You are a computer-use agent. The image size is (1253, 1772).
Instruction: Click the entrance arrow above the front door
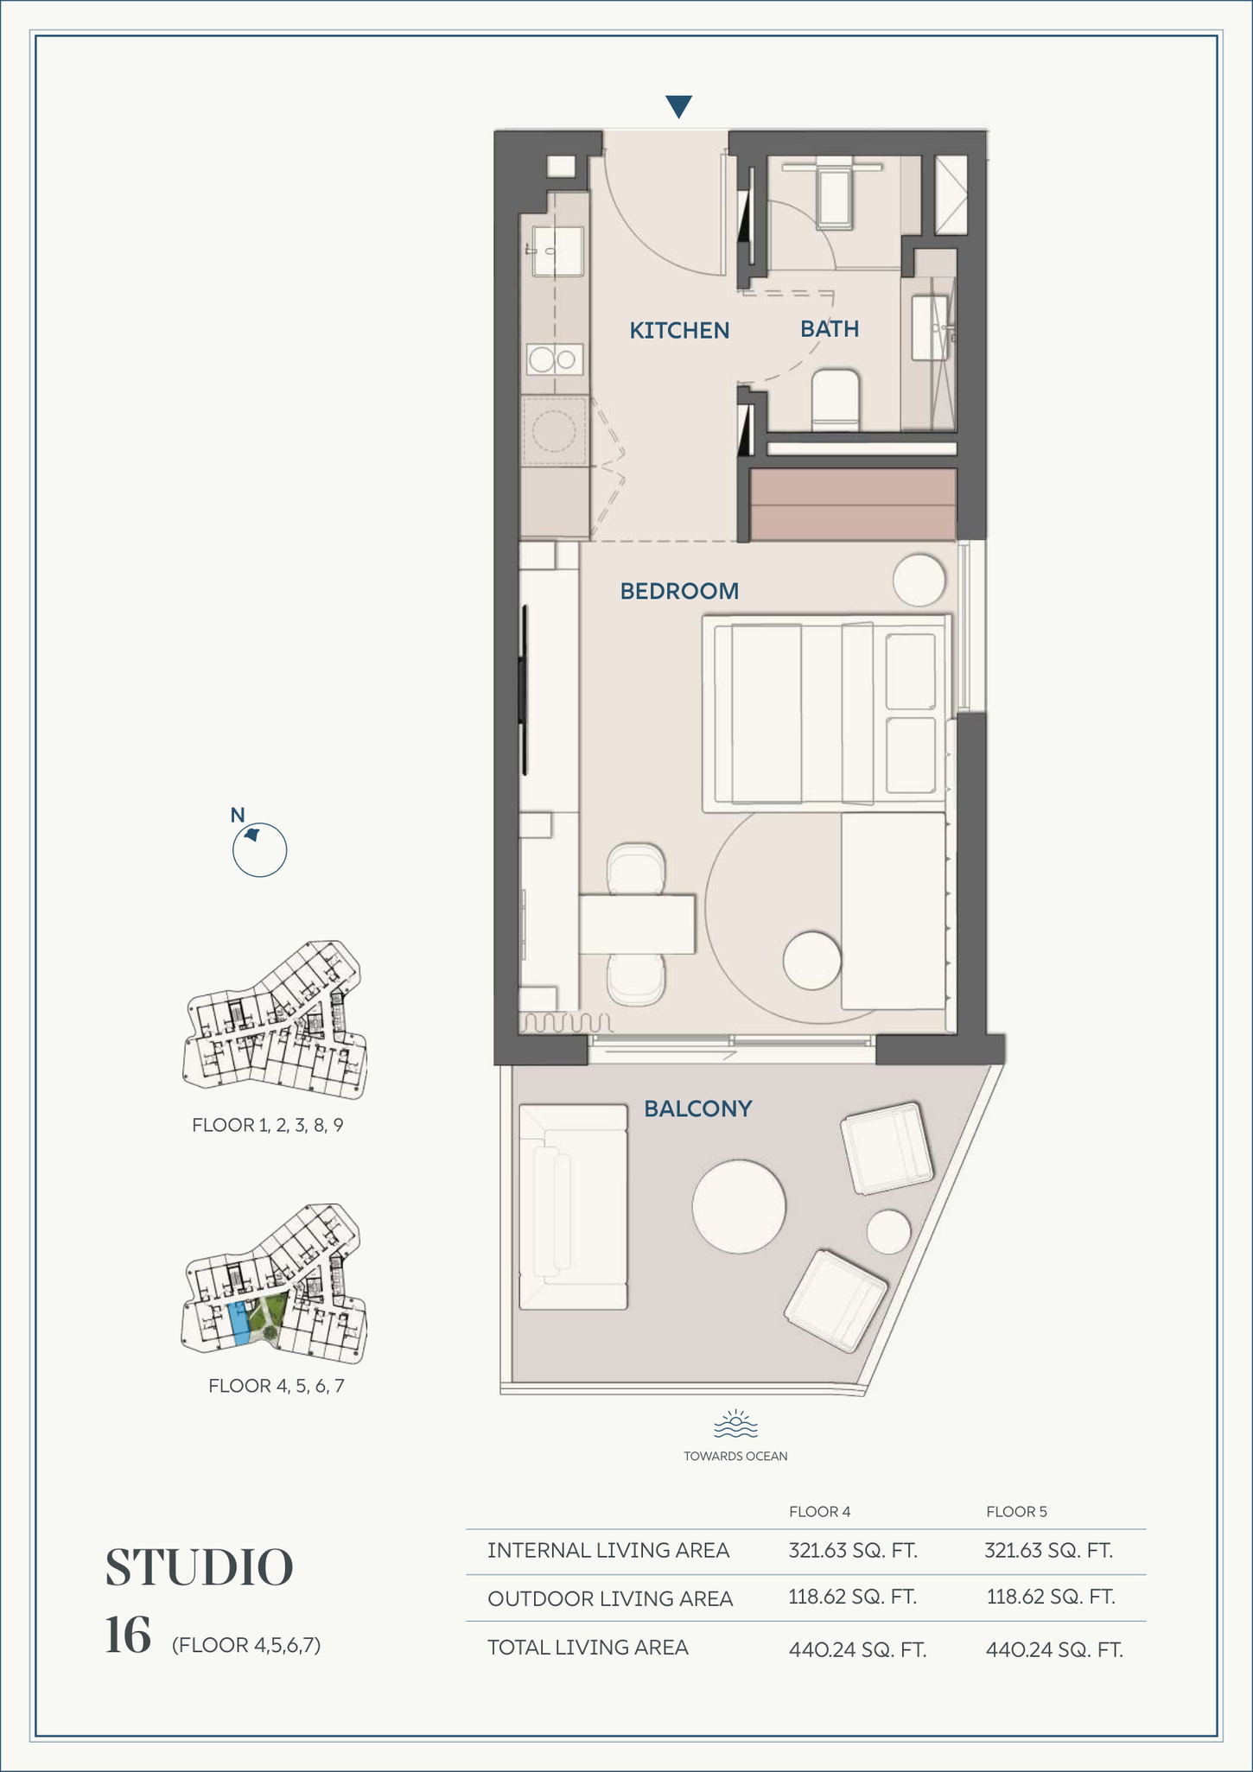(x=679, y=106)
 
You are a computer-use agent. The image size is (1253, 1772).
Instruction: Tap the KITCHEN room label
(x=679, y=330)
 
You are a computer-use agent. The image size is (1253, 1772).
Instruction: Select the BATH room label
(x=830, y=328)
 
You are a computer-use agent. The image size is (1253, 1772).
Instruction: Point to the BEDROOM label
(x=679, y=591)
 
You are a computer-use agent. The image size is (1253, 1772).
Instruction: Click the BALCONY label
(x=698, y=1108)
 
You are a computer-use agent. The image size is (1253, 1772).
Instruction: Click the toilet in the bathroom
(x=835, y=400)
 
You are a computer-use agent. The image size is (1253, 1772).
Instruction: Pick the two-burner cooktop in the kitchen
(x=554, y=359)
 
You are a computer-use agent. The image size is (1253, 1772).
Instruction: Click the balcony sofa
(x=573, y=1207)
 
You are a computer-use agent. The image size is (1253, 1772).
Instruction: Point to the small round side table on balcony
(x=888, y=1232)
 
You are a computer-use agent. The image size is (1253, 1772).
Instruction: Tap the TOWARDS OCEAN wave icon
(x=735, y=1423)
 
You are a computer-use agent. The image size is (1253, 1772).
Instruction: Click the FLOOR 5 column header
(x=1016, y=1511)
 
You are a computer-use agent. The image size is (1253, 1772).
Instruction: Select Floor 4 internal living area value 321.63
(x=853, y=1550)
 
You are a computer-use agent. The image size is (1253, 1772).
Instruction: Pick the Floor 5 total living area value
(x=1054, y=1650)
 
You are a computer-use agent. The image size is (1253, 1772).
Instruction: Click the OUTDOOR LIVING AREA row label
(x=610, y=1599)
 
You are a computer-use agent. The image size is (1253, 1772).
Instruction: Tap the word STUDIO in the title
(x=200, y=1568)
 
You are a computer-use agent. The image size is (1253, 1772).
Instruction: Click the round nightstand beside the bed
(x=919, y=580)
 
